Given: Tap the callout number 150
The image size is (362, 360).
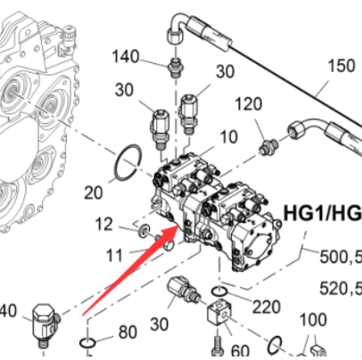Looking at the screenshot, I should point(341,66).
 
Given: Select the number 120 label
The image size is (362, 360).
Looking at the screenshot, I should point(250,105).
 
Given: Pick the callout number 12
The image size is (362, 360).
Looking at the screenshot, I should point(105,224).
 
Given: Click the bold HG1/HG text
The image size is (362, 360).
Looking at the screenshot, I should point(322,214).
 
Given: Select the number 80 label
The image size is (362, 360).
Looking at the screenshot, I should point(128,333).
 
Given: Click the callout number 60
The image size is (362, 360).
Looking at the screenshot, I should point(240,350).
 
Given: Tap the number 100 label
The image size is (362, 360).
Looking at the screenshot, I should point(311,320).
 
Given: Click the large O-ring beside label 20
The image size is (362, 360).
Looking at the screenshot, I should point(128,162).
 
